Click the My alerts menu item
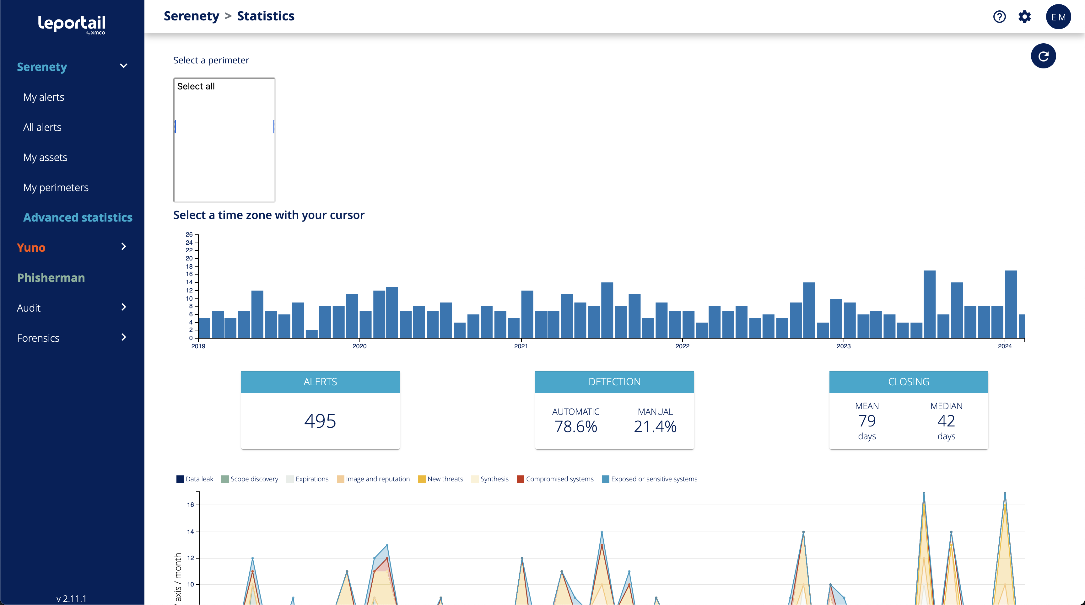tap(44, 97)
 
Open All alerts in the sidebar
tap(42, 127)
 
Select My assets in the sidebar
tap(45, 158)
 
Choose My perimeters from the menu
tap(56, 187)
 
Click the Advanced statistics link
tap(78, 217)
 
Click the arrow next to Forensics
tap(123, 337)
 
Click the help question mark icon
tap(999, 17)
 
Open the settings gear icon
tap(1024, 17)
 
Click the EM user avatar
tap(1058, 17)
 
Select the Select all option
tap(196, 86)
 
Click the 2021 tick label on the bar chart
tap(521, 346)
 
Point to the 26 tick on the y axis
tap(189, 234)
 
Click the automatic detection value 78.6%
tap(575, 426)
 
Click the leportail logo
tap(72, 24)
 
